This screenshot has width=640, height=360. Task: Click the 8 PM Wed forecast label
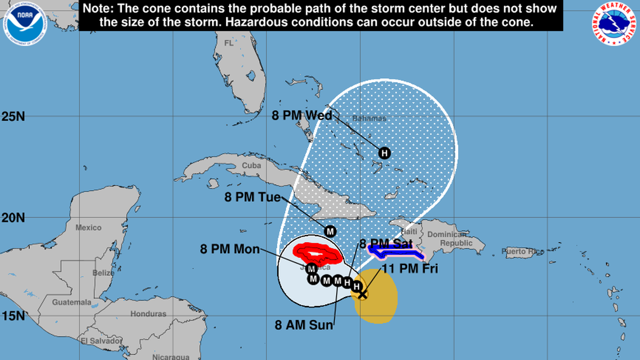[302, 116]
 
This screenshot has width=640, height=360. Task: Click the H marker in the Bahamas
[385, 153]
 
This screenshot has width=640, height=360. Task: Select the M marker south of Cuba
[330, 231]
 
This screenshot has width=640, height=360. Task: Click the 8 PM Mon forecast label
[230, 249]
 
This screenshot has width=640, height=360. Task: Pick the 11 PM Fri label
[410, 269]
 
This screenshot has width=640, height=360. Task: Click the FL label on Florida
[228, 43]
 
